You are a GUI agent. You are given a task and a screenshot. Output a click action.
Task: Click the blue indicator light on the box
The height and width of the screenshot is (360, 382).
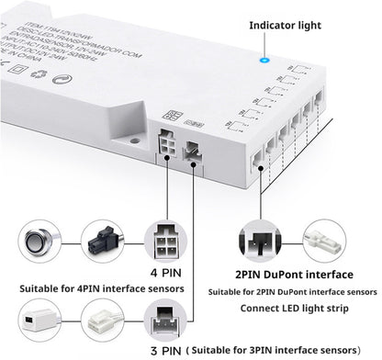264,62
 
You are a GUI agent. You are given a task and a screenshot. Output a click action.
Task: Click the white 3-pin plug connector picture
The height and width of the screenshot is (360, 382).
103,323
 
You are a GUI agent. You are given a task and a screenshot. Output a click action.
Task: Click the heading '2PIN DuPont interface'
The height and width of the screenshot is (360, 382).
294,275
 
